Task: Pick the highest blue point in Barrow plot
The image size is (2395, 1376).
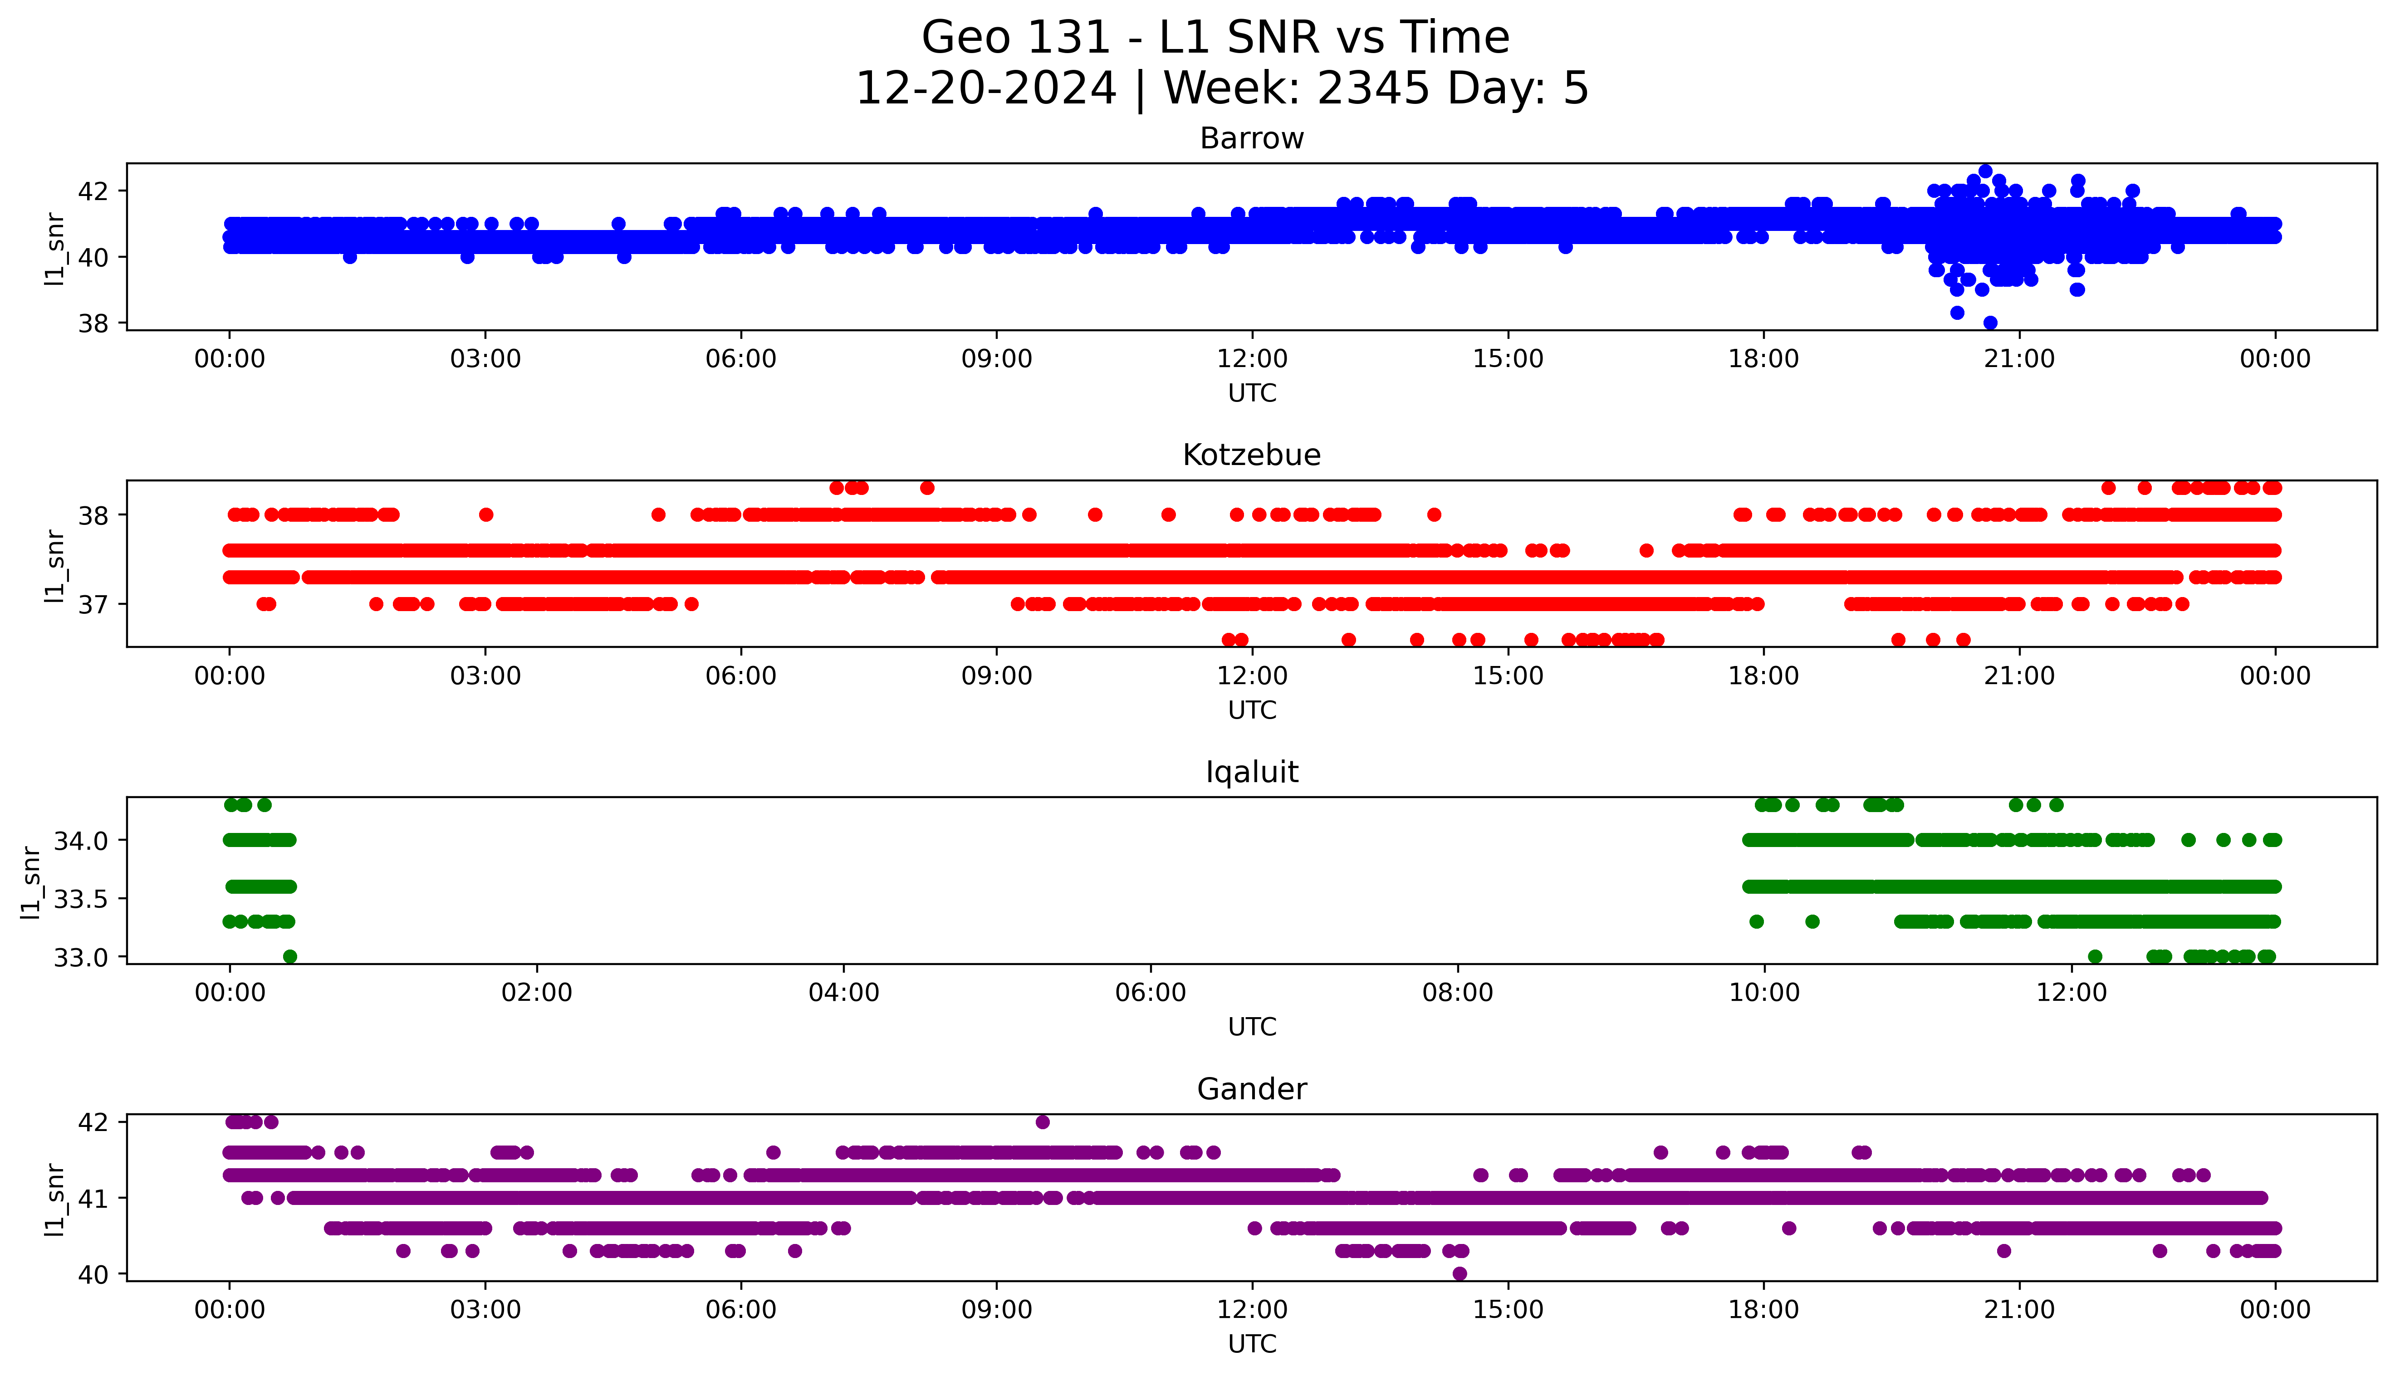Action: (1985, 171)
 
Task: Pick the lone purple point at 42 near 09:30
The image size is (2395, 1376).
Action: (1042, 1122)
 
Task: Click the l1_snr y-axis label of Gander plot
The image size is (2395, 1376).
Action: (55, 1198)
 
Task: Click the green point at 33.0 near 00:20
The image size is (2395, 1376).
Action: (290, 956)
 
